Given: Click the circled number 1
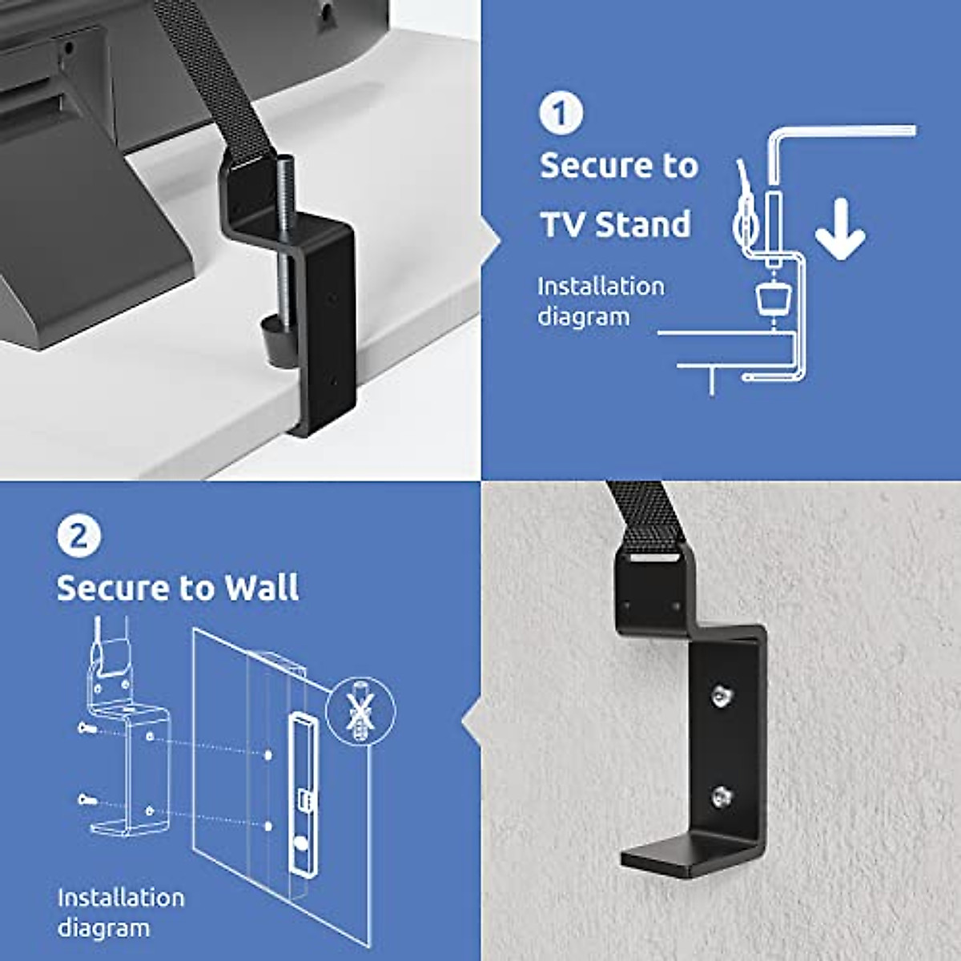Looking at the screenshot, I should (561, 113).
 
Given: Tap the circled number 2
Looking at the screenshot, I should (78, 535).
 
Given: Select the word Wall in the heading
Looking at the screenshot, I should (261, 588).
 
